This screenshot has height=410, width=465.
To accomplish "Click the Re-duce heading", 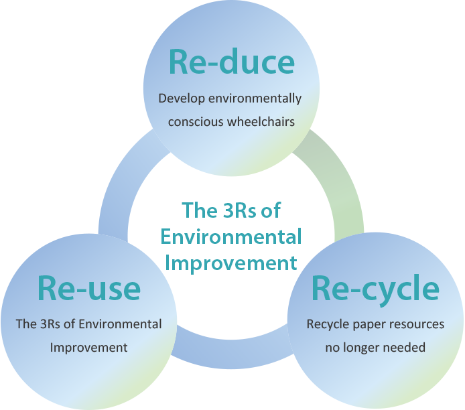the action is [x=232, y=62].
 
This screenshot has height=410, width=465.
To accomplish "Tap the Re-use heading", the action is [x=88, y=288].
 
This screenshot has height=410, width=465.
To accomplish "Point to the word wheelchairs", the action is [x=261, y=121].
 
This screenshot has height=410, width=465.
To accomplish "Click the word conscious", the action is [x=196, y=122].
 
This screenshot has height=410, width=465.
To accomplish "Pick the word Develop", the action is [x=182, y=99].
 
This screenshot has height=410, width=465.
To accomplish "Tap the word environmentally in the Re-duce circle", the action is [x=255, y=99].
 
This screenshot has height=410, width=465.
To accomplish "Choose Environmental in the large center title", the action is [x=231, y=236].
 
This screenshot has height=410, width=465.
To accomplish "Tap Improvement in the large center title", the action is [x=231, y=263].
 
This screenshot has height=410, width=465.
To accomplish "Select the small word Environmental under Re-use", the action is [x=121, y=324].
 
